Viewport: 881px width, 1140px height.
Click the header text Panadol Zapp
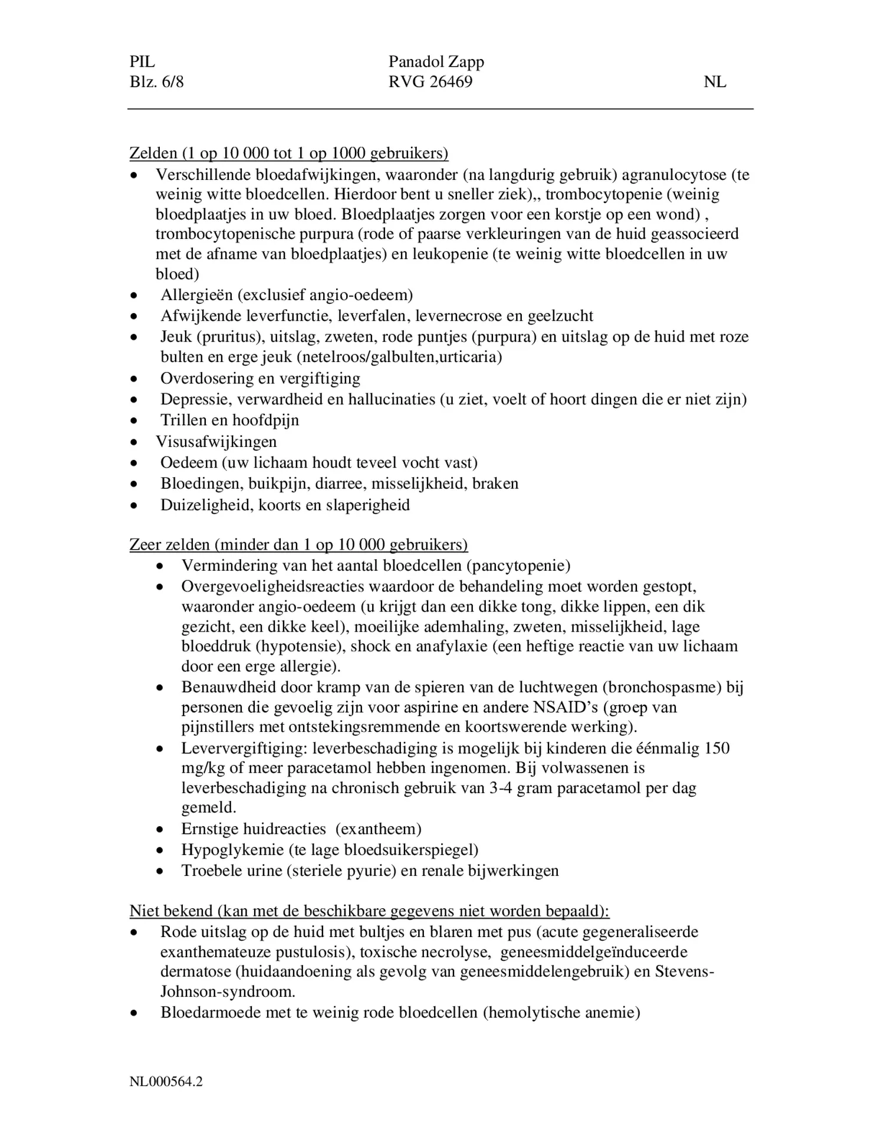coord(436,61)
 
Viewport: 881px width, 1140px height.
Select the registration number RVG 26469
coord(430,81)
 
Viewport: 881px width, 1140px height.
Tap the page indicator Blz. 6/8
coord(156,81)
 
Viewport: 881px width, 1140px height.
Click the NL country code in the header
coord(715,81)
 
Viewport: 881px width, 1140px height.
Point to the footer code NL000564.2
coord(166,1082)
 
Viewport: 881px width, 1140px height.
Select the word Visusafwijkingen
coord(216,441)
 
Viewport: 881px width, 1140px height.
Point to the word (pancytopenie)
coord(518,566)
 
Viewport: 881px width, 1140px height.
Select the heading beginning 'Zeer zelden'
coord(298,544)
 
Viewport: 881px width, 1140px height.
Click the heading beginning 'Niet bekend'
coord(369,911)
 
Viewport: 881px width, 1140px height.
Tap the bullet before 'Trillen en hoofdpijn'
coord(135,421)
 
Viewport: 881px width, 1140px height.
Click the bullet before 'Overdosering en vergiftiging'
coord(135,379)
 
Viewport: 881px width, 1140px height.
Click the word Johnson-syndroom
coord(228,991)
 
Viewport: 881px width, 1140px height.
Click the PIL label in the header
coord(142,61)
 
